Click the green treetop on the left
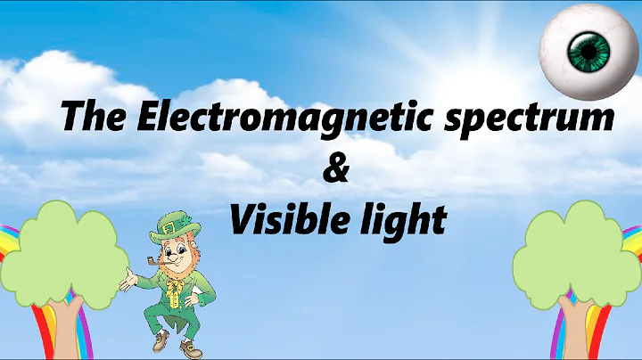[67, 241]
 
